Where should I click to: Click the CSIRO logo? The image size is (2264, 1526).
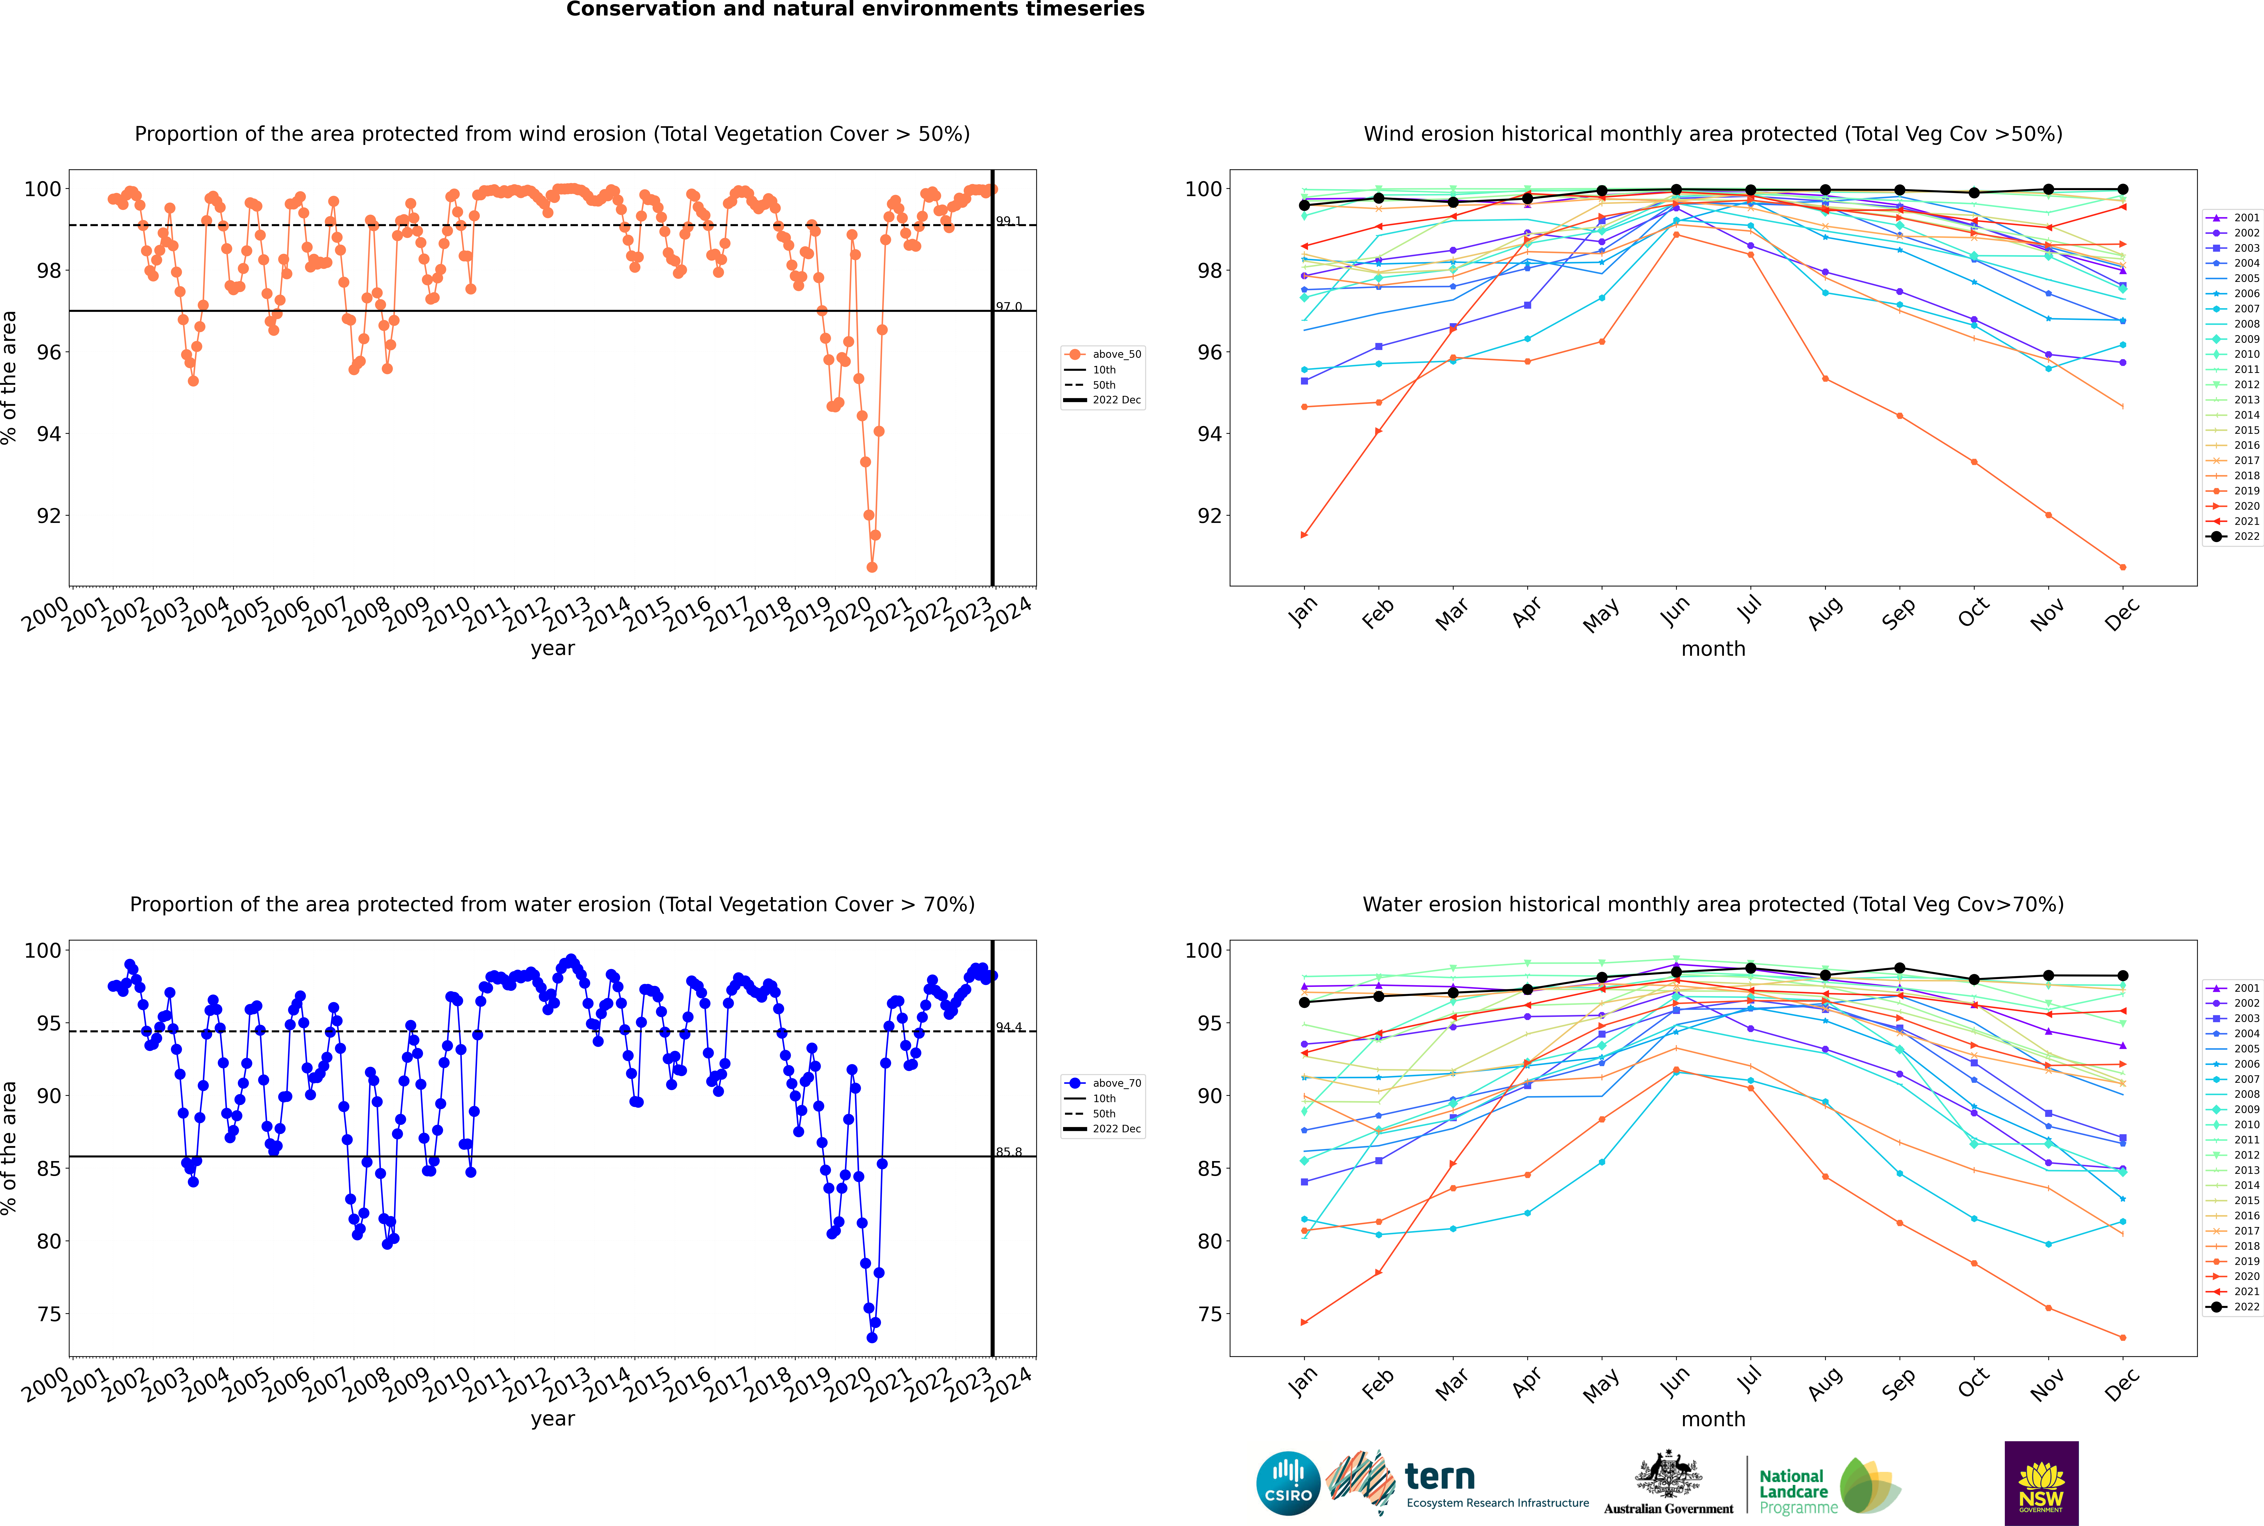pos(1288,1483)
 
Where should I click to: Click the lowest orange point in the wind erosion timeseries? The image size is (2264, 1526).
pos(872,566)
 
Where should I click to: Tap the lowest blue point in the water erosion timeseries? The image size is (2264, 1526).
pos(872,1337)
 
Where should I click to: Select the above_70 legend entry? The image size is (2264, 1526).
pos(1104,1083)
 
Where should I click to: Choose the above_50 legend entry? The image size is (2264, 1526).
pos(1104,354)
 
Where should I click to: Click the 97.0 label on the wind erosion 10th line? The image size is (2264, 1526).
pos(1008,307)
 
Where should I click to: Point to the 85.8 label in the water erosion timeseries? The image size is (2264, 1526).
pos(1008,1152)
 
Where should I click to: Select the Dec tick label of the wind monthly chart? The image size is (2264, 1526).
pos(2122,613)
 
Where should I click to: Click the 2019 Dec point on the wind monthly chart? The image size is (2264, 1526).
pos(2123,566)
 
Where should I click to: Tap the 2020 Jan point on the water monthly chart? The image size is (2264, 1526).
pos(1304,1323)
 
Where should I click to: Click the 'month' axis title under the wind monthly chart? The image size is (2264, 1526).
pos(1713,649)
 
